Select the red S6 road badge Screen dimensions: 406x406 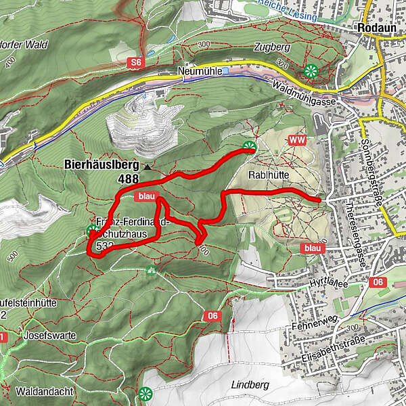coord(137,62)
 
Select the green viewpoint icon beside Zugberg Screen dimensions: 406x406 coord(311,70)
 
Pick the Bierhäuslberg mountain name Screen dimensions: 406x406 coord(101,164)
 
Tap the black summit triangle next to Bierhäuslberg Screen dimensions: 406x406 coord(146,165)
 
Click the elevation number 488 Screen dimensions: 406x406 coord(127,179)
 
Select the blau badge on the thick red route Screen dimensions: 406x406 coord(146,196)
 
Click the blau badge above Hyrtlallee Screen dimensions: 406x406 coord(312,248)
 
